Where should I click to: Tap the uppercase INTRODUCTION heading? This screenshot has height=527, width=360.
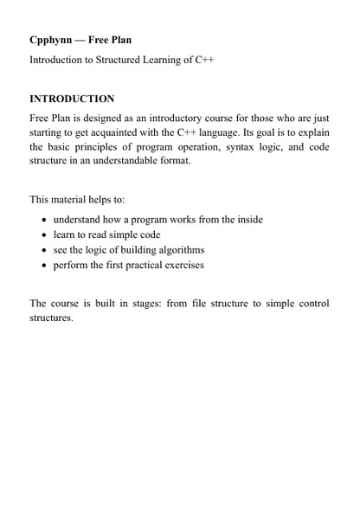[x=72, y=99]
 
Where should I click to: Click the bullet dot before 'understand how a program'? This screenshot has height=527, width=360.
[x=44, y=220]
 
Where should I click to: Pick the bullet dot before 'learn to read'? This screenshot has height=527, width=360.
[x=44, y=235]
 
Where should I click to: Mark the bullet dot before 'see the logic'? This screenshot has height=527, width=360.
[x=44, y=250]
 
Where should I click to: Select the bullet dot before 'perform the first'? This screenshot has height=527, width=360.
[x=44, y=265]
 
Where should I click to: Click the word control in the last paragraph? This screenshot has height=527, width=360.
[x=311, y=303]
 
